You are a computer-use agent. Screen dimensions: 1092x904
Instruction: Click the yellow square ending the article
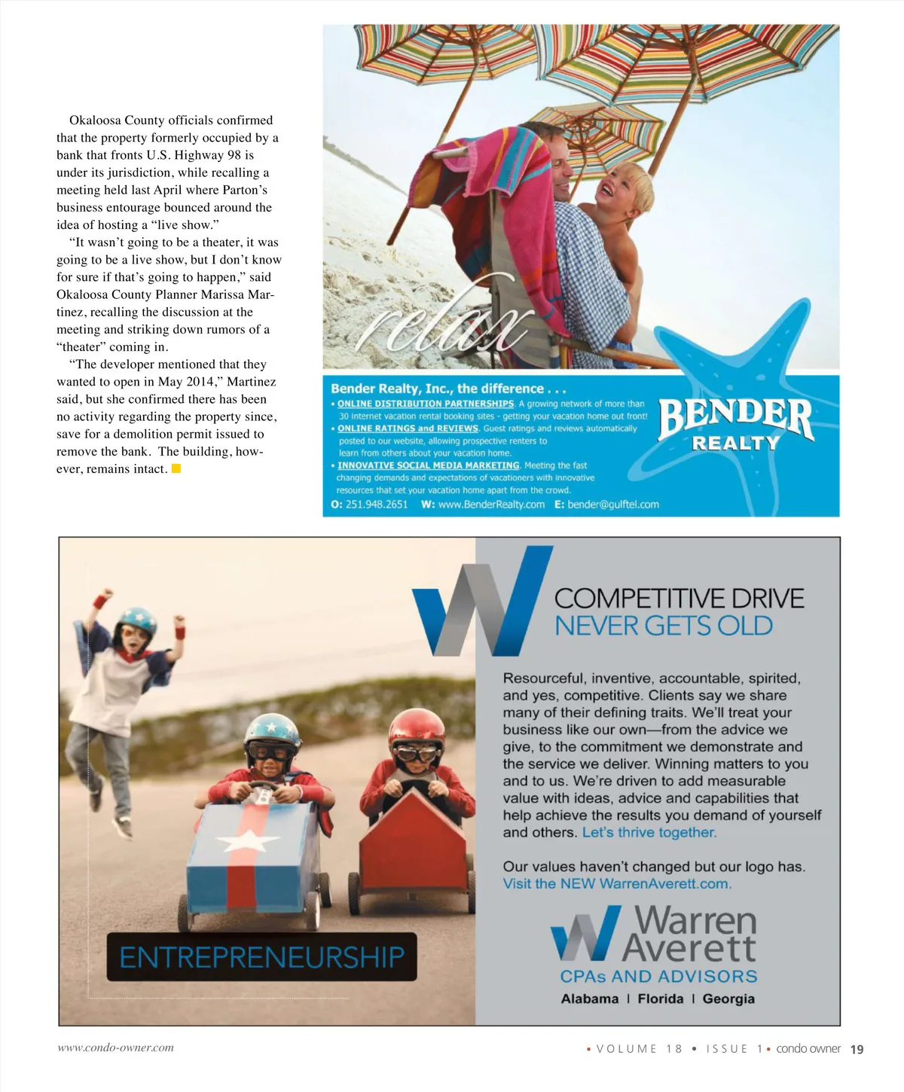point(176,468)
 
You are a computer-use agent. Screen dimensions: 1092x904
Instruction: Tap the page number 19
point(857,1049)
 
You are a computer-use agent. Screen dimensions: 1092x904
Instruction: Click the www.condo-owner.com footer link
point(115,1048)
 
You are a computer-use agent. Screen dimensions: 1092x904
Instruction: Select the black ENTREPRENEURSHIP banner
point(261,957)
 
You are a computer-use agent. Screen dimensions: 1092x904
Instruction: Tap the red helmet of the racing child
point(417,727)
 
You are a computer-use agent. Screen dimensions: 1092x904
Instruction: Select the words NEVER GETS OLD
point(664,626)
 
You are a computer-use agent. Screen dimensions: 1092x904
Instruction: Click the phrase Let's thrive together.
point(649,832)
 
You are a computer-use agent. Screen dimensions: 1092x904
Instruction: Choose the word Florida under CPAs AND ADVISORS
point(660,999)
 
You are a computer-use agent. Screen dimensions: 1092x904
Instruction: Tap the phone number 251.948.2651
point(376,505)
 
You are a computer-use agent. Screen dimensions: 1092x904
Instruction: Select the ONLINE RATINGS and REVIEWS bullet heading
point(408,429)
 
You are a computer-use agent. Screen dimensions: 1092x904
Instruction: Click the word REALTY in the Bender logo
point(735,444)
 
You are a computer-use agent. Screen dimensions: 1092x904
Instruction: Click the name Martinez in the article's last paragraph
point(252,382)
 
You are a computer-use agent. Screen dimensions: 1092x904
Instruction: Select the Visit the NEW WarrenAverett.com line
point(617,883)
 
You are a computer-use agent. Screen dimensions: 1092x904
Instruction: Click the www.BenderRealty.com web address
point(491,505)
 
